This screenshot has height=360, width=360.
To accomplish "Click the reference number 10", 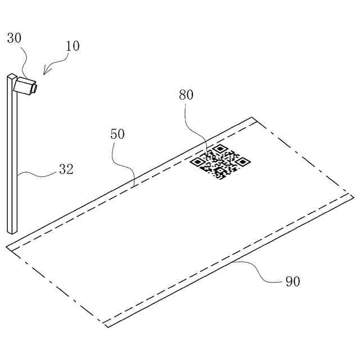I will (73, 46).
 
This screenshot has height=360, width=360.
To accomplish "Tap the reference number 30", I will (15, 38).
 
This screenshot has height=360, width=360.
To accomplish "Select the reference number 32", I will (66, 169).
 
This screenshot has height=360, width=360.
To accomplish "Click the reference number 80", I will (186, 94).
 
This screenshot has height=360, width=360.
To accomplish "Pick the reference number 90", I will (292, 281).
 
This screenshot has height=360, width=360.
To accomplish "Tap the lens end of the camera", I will (35, 87).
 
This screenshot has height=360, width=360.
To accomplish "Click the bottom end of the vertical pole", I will (12, 231).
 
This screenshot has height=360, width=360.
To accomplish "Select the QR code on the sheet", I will (219, 162).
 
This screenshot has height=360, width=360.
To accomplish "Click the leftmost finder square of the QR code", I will (197, 162).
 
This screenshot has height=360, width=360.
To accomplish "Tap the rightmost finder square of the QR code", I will (242, 162).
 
